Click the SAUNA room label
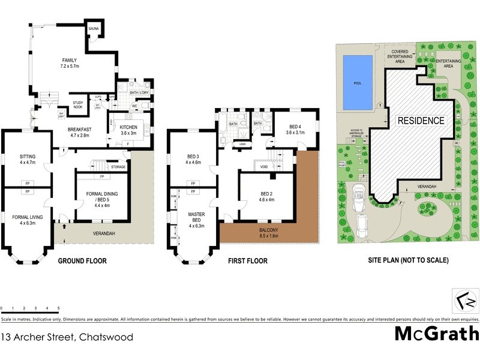[x=94, y=29]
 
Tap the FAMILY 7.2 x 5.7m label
[x=71, y=63]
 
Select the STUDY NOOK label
[x=78, y=104]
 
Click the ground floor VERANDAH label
[x=103, y=233]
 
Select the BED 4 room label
[x=294, y=129]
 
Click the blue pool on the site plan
[x=356, y=83]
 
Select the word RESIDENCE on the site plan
[x=421, y=121]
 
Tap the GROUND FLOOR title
[x=82, y=261]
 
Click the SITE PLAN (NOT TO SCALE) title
[x=408, y=261]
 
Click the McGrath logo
[x=436, y=334]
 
